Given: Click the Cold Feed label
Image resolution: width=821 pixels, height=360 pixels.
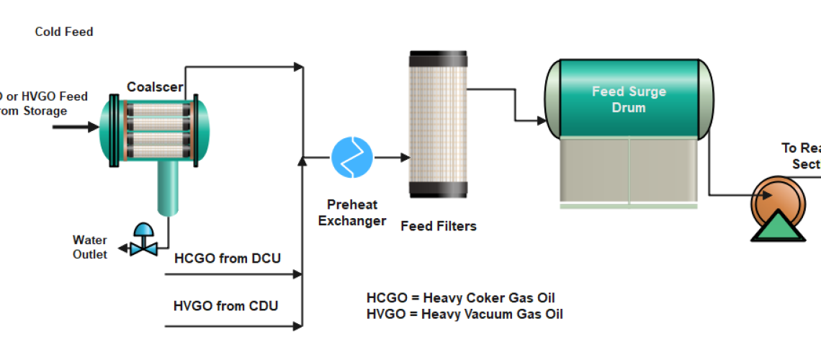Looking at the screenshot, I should tap(64, 32).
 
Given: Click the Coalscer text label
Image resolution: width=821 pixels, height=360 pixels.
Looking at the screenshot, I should tap(155, 87).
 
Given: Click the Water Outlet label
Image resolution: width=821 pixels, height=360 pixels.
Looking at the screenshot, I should tap(90, 247).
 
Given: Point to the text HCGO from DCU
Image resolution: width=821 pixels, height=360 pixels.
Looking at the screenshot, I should tap(227, 258).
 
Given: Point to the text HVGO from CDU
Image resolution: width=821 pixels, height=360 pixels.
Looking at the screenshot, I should tap(226, 305).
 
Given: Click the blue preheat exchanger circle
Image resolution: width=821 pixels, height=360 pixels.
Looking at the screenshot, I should tap(352, 157).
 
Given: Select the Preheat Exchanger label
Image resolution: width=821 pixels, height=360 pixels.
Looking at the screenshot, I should tap(352, 212).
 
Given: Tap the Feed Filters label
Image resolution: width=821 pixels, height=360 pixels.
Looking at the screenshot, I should tap(439, 225).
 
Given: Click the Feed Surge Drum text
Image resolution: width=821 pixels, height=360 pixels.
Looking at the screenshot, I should tap(629, 99).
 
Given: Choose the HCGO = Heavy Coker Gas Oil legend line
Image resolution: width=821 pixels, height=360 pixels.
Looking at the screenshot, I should tap(460, 298).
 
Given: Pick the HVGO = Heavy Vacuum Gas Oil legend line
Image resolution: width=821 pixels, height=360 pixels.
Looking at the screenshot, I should tap(465, 314).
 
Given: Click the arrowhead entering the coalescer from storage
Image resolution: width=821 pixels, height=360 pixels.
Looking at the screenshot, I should tap(93, 127).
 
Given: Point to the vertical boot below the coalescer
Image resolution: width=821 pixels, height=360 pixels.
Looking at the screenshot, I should tap(168, 187).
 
